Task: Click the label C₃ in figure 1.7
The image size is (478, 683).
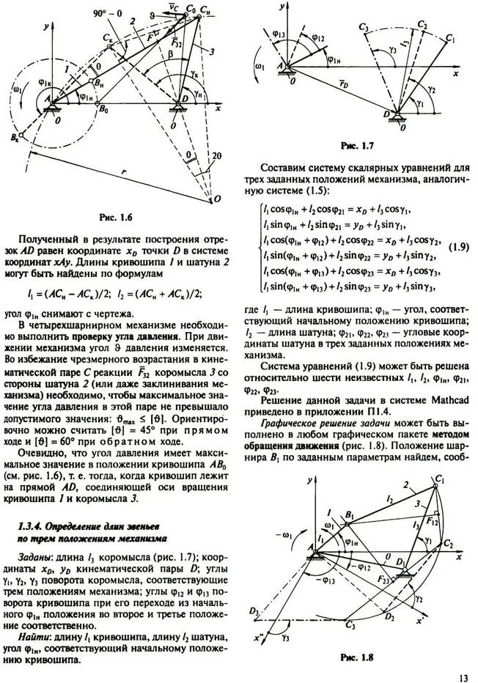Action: (x=364, y=27)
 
